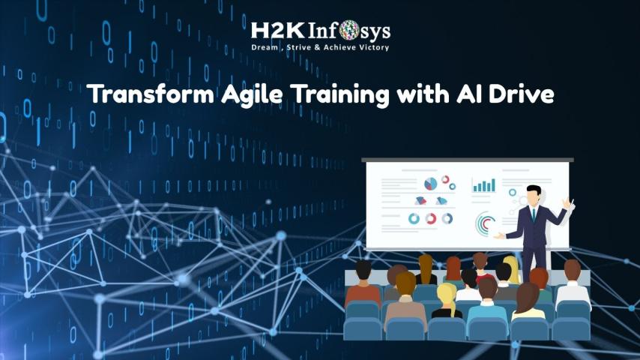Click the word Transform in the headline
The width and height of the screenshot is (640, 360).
[150, 94]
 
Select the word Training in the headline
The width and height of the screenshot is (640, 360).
[340, 94]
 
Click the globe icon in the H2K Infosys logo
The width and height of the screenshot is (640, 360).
[349, 30]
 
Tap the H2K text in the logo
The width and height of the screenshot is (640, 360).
[277, 31]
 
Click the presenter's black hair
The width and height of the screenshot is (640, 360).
[534, 190]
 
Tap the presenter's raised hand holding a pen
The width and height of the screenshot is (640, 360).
[568, 203]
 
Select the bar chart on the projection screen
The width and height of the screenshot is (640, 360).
[483, 185]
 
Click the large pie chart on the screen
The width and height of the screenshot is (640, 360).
[430, 184]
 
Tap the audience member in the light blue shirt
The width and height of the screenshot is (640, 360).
[487, 301]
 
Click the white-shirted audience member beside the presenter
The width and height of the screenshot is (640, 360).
[573, 283]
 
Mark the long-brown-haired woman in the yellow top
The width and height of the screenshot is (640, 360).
[528, 301]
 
